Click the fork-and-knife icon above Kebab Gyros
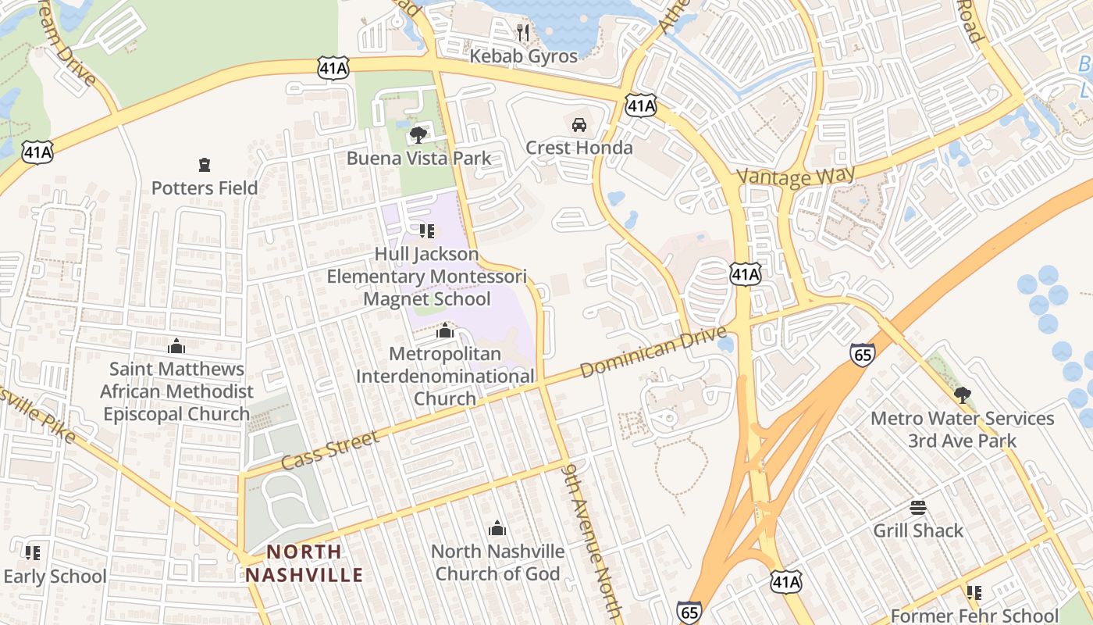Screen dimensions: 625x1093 pyautogui.click(x=523, y=32)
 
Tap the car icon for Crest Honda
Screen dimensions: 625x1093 pyautogui.click(x=579, y=124)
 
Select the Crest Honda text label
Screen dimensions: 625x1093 pyautogui.click(x=579, y=148)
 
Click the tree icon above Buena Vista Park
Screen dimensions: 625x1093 pyautogui.click(x=418, y=135)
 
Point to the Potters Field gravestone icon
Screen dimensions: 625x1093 pyautogui.click(x=205, y=165)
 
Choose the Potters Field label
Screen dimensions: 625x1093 pyautogui.click(x=205, y=188)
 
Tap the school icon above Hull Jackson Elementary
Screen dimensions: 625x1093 pyautogui.click(x=426, y=230)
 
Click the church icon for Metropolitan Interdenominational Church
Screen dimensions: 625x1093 pyautogui.click(x=445, y=331)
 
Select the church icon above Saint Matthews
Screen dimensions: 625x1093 pyautogui.click(x=176, y=345)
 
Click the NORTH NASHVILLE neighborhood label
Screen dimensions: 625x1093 pyautogui.click(x=304, y=563)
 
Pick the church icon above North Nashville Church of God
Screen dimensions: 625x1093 pyautogui.click(x=497, y=528)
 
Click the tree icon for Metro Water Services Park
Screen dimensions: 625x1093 pyautogui.click(x=963, y=395)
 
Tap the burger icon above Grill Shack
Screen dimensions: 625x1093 pyautogui.click(x=918, y=508)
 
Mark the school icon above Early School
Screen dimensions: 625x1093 pyautogui.click(x=33, y=553)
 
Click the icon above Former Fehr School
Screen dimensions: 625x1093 pyautogui.click(x=974, y=593)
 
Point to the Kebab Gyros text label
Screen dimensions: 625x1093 pyautogui.click(x=523, y=56)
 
